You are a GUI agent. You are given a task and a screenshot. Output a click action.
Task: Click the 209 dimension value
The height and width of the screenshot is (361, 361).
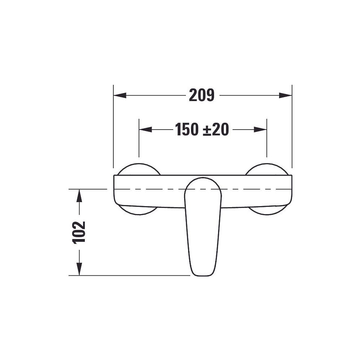click(202, 95)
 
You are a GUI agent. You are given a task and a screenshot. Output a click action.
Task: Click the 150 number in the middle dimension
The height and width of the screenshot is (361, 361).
click(187, 129)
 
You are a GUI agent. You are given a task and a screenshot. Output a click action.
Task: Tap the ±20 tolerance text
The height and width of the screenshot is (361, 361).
click(216, 129)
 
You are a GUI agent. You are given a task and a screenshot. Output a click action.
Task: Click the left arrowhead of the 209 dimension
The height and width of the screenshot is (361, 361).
click(120, 95)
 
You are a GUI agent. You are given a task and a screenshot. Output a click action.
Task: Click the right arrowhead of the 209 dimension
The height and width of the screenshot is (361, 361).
click(286, 95)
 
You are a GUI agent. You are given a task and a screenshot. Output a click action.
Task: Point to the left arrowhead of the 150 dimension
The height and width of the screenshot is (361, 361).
click(145, 129)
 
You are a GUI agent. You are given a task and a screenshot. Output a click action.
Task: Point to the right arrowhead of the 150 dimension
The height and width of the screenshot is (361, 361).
click(260, 129)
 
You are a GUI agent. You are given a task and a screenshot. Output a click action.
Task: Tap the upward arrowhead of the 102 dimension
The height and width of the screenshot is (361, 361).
click(79, 196)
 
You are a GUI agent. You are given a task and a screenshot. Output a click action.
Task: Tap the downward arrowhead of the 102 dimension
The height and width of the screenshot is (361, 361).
click(79, 269)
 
